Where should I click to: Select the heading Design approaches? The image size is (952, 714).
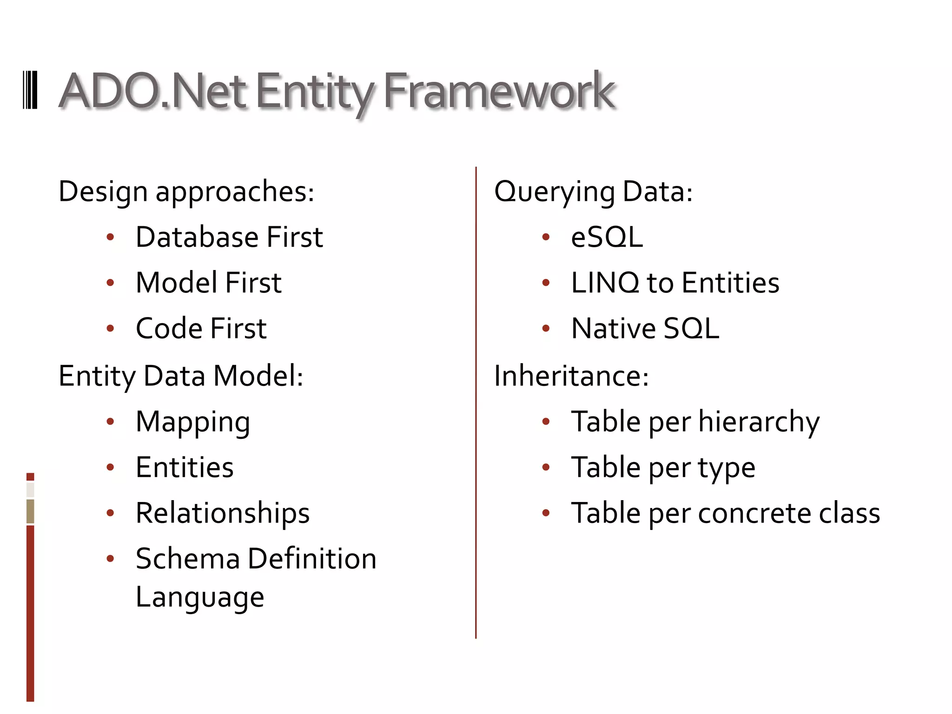(x=186, y=191)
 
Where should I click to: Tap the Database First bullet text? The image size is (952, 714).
(x=229, y=237)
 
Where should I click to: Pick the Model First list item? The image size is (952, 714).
(x=208, y=283)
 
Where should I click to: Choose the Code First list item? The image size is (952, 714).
(x=201, y=328)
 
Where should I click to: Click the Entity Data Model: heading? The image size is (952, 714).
(x=181, y=376)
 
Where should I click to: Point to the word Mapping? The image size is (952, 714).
(x=193, y=422)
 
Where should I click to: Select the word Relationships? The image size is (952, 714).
(x=223, y=513)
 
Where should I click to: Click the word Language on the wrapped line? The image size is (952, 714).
(x=200, y=597)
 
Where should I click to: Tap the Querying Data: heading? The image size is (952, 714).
(x=593, y=191)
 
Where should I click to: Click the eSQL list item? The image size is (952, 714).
(x=607, y=237)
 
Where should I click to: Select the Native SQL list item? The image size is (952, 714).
(x=645, y=328)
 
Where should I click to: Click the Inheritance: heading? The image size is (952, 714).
(x=571, y=376)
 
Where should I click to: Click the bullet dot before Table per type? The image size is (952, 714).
(x=546, y=467)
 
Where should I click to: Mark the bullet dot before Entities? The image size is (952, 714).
(x=110, y=467)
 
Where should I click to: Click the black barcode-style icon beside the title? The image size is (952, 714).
(x=30, y=90)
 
